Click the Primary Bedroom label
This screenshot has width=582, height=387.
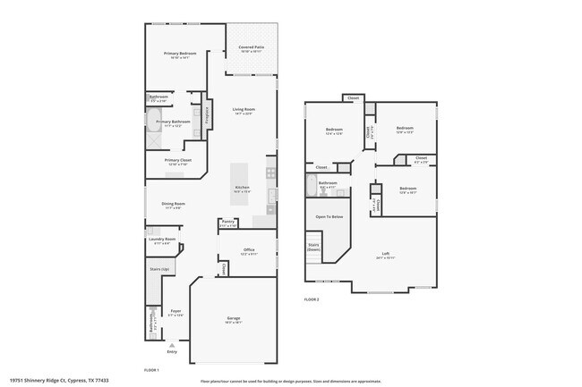tap(180, 55)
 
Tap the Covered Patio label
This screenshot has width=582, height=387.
tap(251, 47)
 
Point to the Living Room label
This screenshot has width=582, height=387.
tap(244, 109)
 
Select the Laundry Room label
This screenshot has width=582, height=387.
tap(162, 239)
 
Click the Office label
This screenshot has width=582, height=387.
tap(249, 250)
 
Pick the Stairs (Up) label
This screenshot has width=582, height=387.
tap(160, 268)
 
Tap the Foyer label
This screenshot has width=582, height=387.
tap(175, 311)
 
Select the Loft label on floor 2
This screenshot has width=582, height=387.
tap(385, 253)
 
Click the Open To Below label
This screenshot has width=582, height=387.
tap(329, 216)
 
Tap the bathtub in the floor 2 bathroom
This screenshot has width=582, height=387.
tap(312, 186)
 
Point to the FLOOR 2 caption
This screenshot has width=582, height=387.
tap(312, 299)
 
